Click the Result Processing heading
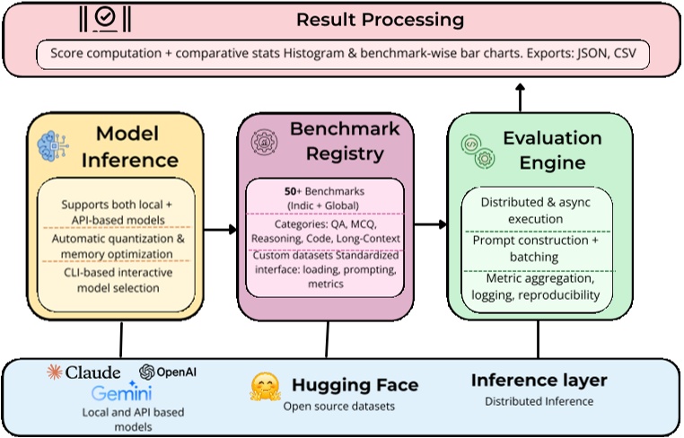[381, 19]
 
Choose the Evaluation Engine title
[551, 150]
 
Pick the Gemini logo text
[121, 394]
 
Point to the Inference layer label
[539, 381]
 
